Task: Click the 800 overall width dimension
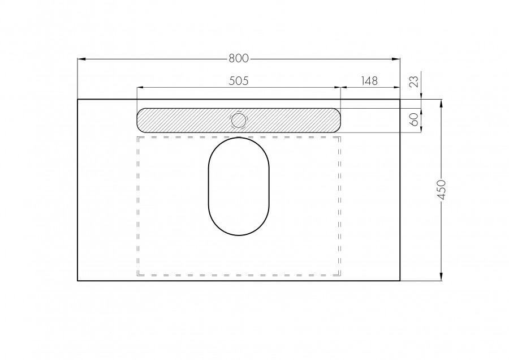[x=239, y=58]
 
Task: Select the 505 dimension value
[x=239, y=81]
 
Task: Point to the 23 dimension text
[x=414, y=82]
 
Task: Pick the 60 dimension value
[x=414, y=120]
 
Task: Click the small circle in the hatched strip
[x=239, y=120]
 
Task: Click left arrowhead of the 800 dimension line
[x=80, y=58]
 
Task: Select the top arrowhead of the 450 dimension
[x=441, y=102]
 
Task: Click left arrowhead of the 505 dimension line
[x=140, y=88]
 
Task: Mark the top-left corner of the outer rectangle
[x=77, y=100]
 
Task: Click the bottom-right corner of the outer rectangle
[x=400, y=281]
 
